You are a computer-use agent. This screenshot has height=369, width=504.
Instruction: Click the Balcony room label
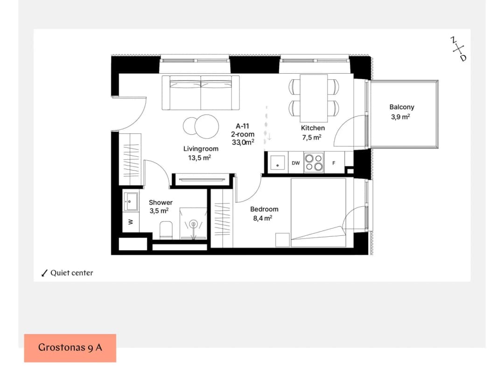(x=401, y=107)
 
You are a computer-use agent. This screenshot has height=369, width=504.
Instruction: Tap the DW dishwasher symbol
(x=296, y=163)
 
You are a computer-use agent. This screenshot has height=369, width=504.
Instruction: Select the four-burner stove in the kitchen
(x=314, y=162)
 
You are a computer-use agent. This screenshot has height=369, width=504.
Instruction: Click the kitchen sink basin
(x=277, y=162)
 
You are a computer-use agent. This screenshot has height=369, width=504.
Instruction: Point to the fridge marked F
(x=334, y=163)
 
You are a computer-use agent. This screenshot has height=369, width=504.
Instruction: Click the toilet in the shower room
(x=166, y=230)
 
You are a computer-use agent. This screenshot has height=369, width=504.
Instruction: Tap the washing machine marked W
(x=131, y=222)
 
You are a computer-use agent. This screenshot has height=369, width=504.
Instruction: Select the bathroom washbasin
(x=131, y=202)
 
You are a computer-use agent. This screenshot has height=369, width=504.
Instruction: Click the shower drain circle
(x=193, y=223)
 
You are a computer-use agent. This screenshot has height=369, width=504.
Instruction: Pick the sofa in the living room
(x=201, y=93)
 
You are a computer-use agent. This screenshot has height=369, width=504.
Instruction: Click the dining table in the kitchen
(x=314, y=98)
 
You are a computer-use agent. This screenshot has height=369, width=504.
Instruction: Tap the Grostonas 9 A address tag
(x=70, y=348)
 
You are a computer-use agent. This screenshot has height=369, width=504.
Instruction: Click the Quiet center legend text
(x=72, y=273)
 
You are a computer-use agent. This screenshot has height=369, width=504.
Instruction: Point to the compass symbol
(x=458, y=49)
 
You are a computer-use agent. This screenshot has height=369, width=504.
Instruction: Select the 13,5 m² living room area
(x=200, y=157)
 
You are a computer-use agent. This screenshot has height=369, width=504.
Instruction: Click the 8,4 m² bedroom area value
(x=263, y=218)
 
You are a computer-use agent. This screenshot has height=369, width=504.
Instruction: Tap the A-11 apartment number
(x=242, y=126)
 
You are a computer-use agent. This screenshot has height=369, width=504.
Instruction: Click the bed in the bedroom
(x=318, y=212)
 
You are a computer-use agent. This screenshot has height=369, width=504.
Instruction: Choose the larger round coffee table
(x=207, y=126)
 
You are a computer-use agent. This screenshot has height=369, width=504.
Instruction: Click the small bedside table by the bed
(x=282, y=240)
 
